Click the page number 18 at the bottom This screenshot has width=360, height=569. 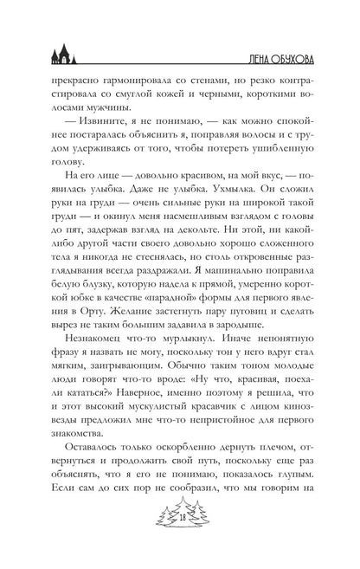click(180, 542)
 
